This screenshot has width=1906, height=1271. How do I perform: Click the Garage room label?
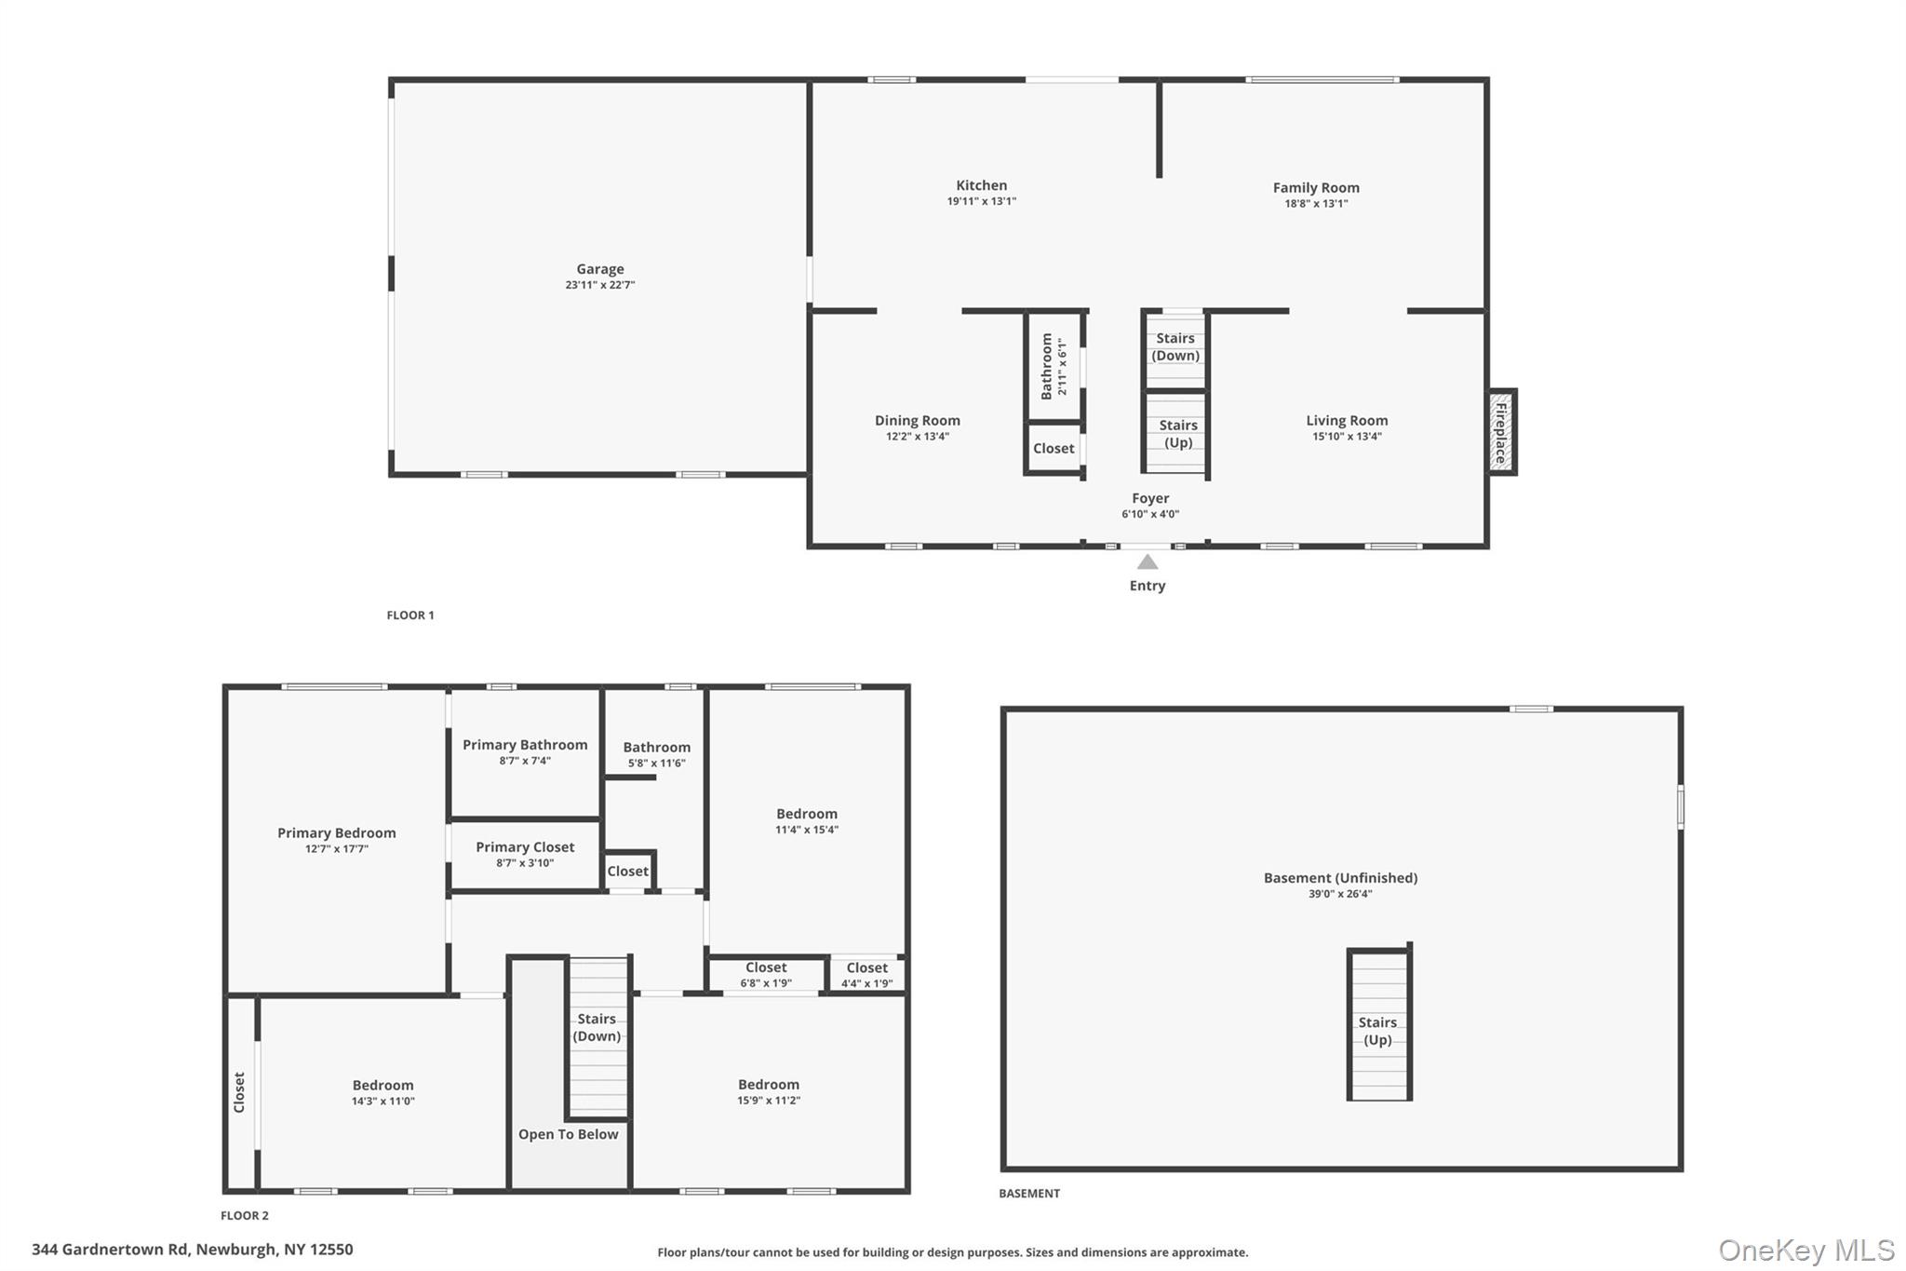[600, 269]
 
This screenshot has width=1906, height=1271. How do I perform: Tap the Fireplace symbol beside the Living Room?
[1501, 432]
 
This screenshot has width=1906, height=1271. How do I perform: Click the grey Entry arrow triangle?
[1148, 561]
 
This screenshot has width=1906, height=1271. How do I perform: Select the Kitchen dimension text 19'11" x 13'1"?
[982, 201]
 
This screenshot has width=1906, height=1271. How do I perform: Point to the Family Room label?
[1316, 188]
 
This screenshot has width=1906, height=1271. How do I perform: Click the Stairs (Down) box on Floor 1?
[1175, 348]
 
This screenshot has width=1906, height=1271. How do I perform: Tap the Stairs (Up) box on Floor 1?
[1177, 434]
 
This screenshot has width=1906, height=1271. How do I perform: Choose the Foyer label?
[1150, 498]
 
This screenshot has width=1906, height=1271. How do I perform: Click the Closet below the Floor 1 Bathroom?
[1054, 448]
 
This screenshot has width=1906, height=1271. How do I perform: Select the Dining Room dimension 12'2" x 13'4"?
[918, 437]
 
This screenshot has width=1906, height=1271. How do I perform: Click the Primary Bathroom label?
[525, 745]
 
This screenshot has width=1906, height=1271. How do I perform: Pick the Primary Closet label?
[525, 847]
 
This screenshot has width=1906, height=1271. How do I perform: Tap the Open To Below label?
[568, 1134]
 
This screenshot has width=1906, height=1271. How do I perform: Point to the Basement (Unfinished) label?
[1340, 878]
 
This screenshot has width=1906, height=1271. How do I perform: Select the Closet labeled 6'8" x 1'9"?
[766, 974]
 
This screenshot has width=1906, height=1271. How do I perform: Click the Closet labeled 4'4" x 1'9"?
[867, 974]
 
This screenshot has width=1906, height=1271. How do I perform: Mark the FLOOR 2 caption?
[245, 1215]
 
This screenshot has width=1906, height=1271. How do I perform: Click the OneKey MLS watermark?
[1805, 1250]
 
